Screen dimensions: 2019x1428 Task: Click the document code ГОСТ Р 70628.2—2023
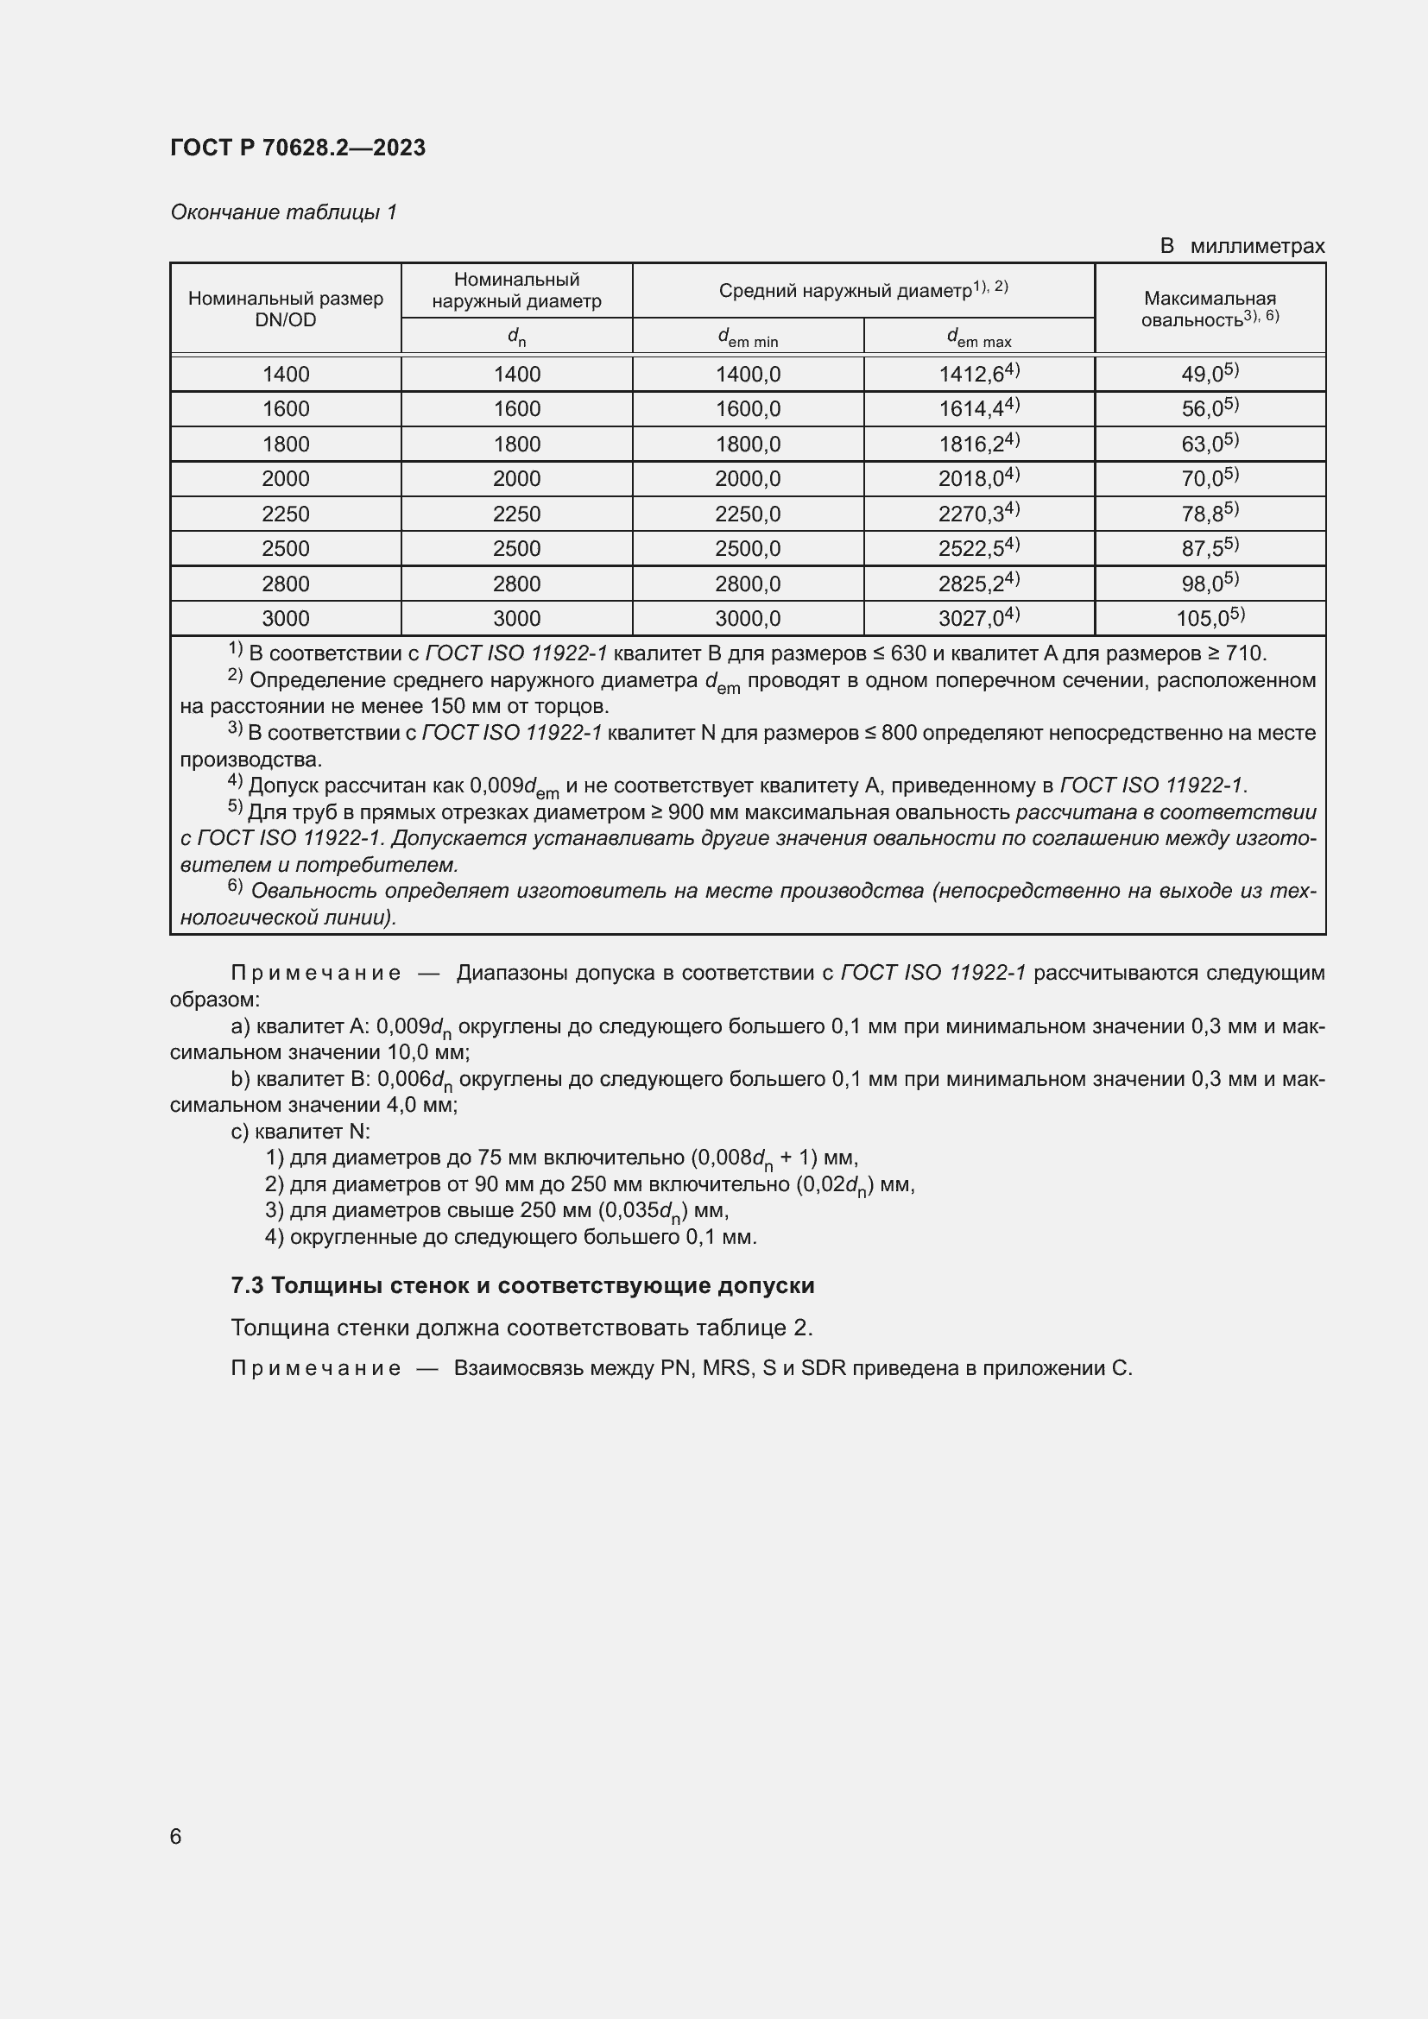(x=297, y=148)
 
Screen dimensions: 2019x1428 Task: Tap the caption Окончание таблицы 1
(x=283, y=212)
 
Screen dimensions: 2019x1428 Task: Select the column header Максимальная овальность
(x=1209, y=309)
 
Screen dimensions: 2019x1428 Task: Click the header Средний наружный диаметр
(x=862, y=290)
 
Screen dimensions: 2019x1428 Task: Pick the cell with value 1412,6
(x=978, y=374)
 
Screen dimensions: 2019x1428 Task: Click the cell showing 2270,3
(x=978, y=514)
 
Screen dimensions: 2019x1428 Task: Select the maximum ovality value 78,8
(x=1209, y=514)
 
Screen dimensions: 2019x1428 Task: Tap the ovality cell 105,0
(x=1209, y=618)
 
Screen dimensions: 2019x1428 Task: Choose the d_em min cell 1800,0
(x=748, y=444)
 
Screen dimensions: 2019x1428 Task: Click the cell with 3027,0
(x=978, y=618)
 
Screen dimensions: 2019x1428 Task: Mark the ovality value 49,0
(x=1209, y=374)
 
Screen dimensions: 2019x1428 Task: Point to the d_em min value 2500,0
(x=748, y=549)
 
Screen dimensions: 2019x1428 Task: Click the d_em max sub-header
(x=978, y=337)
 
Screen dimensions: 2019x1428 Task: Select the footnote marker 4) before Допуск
(x=235, y=781)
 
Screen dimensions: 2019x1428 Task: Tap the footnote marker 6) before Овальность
(x=235, y=886)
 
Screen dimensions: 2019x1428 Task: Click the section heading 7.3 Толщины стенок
(x=522, y=1284)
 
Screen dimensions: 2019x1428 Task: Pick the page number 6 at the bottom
(x=176, y=1836)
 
